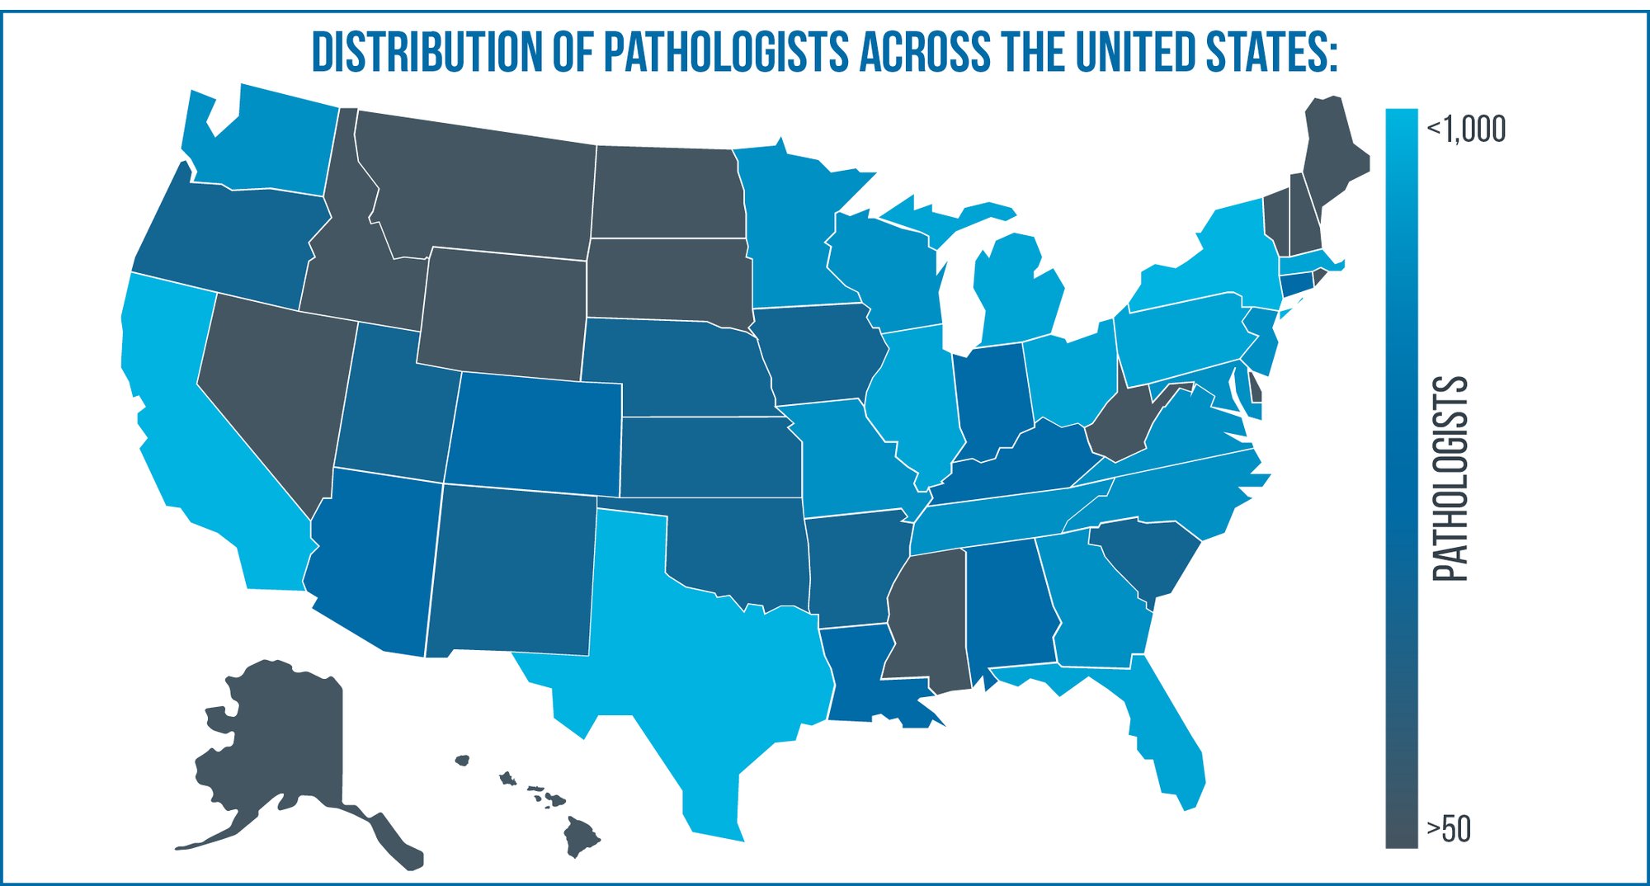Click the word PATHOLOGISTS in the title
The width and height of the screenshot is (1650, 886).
725,52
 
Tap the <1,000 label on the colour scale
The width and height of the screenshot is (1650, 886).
1466,130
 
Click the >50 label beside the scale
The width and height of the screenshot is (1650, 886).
1449,828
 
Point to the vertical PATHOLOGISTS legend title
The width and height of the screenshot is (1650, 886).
1450,478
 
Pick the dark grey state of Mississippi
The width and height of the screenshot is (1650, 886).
924,619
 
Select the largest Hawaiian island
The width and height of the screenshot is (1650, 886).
581,835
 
